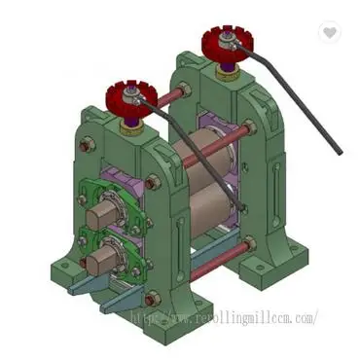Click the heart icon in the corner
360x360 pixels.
(x=332, y=32)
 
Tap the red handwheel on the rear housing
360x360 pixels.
(x=226, y=44)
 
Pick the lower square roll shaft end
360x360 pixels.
(x=100, y=259)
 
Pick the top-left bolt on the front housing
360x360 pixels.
(x=87, y=146)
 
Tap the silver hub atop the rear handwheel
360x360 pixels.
(x=225, y=40)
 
